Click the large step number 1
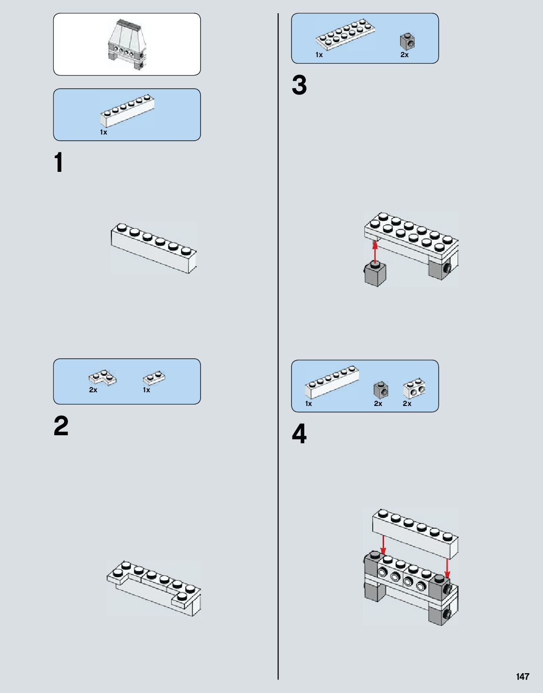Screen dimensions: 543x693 (x=58, y=163)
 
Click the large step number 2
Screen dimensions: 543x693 (x=61, y=426)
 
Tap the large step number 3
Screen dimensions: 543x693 (x=299, y=86)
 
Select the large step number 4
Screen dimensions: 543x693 (x=299, y=434)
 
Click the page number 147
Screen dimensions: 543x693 (x=522, y=676)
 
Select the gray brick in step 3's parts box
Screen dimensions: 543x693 (x=407, y=42)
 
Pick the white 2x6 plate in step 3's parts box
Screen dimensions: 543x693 (x=345, y=34)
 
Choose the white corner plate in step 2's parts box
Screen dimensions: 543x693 (x=102, y=378)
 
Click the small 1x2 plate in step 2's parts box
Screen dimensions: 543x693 (x=154, y=378)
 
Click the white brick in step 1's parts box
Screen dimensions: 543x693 (x=127, y=110)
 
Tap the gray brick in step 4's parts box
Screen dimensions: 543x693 (x=381, y=389)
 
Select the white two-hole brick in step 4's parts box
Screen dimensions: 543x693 (x=414, y=389)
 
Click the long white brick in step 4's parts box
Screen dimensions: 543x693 (x=332, y=381)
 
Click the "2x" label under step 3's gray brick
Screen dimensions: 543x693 (x=404, y=55)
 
